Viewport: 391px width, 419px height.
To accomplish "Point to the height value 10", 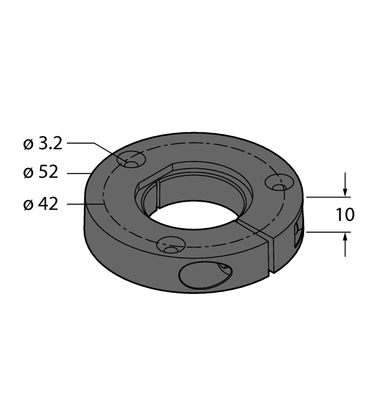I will point(345,214).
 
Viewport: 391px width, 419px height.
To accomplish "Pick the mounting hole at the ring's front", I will point(170,245).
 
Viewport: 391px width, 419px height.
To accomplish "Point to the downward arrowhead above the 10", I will point(345,190).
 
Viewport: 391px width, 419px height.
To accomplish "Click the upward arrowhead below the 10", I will point(345,238).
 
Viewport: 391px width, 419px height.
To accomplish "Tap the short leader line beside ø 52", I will point(78,174).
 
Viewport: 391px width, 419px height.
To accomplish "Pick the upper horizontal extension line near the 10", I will point(326,196).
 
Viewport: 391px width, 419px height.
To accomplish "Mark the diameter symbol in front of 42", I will point(27,205).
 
